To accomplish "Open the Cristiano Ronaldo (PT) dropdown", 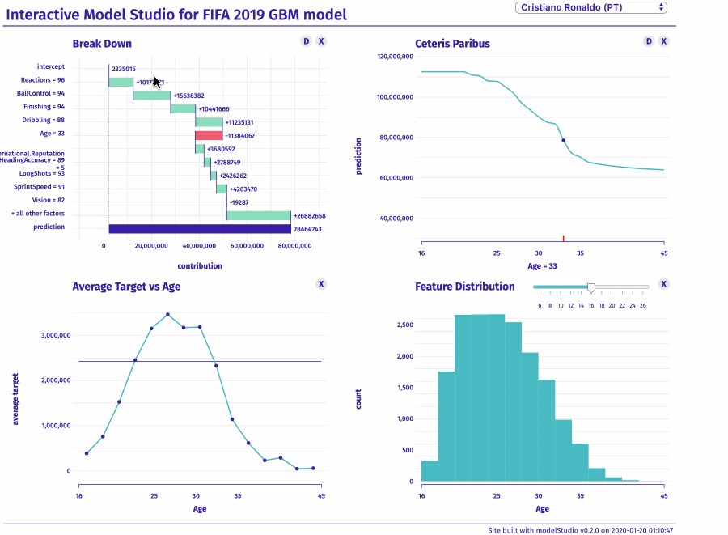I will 590,7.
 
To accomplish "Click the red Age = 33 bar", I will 209,135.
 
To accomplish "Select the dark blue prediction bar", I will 199,228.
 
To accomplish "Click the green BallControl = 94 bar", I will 152,95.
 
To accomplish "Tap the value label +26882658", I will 309,215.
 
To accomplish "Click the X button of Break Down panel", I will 321,41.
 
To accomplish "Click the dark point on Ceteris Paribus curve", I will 563,140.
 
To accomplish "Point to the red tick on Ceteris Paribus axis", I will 563,237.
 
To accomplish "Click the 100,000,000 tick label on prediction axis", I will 396,97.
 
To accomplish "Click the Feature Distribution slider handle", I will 591,287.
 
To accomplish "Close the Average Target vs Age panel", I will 321,284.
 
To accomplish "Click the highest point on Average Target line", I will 167,314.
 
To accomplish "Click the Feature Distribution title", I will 464,287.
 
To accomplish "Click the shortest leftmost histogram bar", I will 430,471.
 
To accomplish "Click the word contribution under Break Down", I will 199,265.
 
